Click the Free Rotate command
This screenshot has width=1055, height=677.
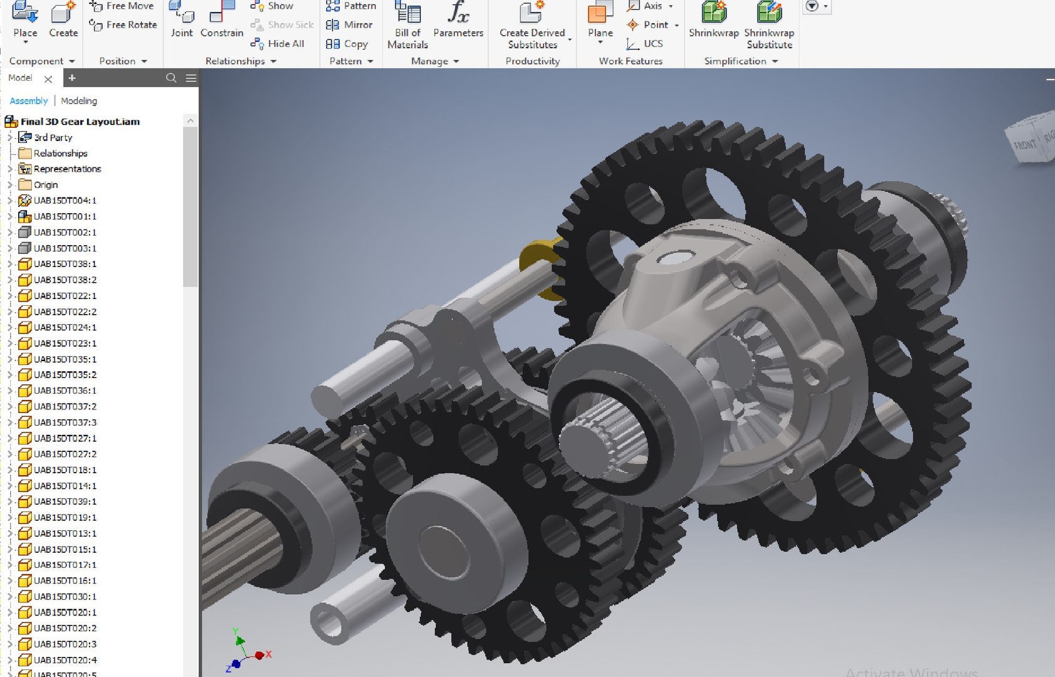(123, 24)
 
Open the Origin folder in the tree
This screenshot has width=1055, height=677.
(46, 185)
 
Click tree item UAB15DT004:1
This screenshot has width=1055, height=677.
(65, 201)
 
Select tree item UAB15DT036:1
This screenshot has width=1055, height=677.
(65, 391)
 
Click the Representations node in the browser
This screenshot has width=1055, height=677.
(67, 169)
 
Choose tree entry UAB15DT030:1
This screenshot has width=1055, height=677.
(65, 596)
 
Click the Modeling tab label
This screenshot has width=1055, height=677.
(79, 101)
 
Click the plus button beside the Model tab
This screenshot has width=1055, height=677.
(72, 78)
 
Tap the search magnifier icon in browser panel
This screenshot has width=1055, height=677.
(171, 78)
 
